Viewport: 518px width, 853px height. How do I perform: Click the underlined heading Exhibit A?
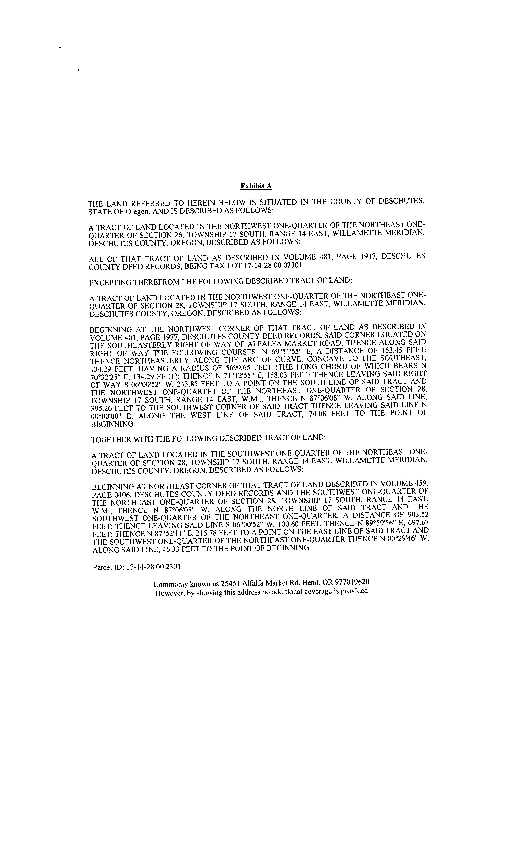point(256,186)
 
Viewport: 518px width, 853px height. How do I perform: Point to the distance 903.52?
point(416,516)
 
